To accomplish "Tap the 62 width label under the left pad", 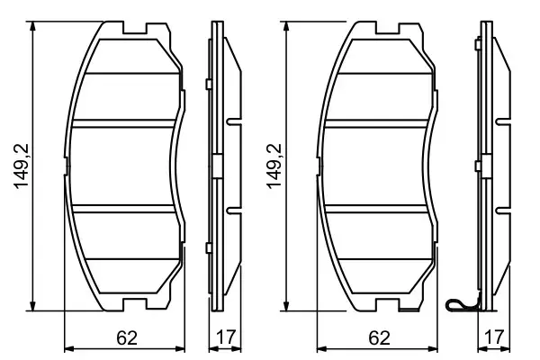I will [127, 338].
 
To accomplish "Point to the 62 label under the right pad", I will [379, 338].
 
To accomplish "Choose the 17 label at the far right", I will [491, 338].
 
